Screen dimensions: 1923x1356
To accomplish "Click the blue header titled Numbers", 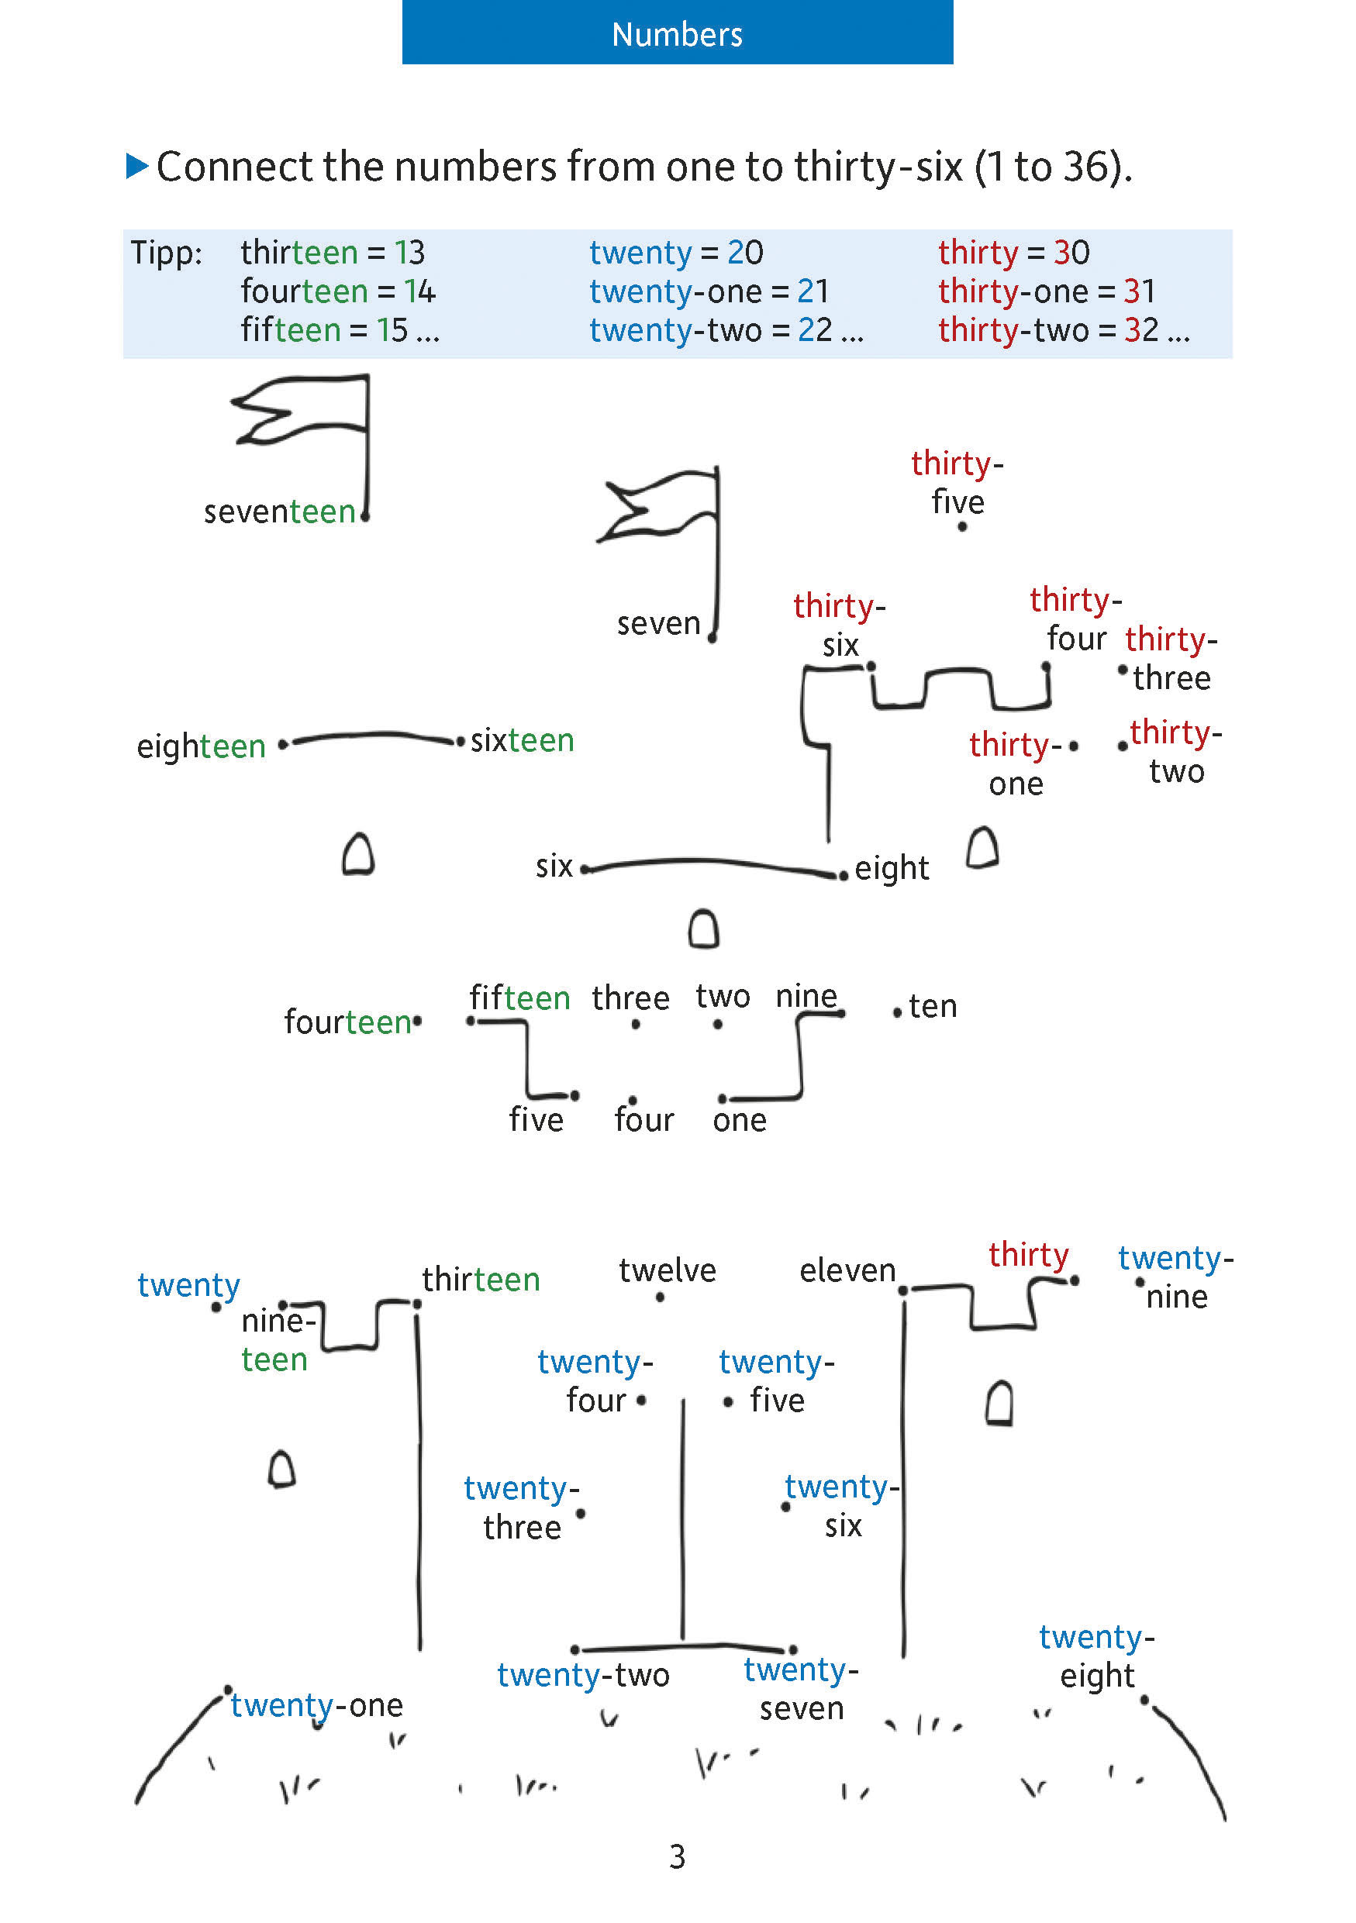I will pos(677,32).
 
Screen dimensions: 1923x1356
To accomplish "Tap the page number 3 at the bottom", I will pos(677,1856).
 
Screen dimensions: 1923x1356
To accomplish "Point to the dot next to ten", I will pos(897,1012).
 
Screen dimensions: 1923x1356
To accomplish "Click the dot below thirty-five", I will pos(962,527).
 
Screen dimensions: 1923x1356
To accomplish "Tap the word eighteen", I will pos(201,746).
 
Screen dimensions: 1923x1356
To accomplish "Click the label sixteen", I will pos(522,740).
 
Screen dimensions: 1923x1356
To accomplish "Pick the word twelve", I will pos(667,1270).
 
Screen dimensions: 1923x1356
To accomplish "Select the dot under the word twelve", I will pos(660,1298).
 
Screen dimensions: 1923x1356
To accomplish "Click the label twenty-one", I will pos(316,1705).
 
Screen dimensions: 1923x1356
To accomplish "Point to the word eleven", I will pos(847,1270).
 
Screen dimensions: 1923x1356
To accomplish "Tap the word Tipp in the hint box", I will pos(166,252).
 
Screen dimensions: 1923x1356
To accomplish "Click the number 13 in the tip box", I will pos(409,252).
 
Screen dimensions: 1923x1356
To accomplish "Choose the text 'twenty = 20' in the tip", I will pos(676,252).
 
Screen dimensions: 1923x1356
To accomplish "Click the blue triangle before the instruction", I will pos(136,165).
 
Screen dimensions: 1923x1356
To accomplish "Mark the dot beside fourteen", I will pos(417,1020).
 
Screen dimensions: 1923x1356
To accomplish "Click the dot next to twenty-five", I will pos(728,1401).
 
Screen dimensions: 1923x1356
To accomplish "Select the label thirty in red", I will pos(1028,1255).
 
